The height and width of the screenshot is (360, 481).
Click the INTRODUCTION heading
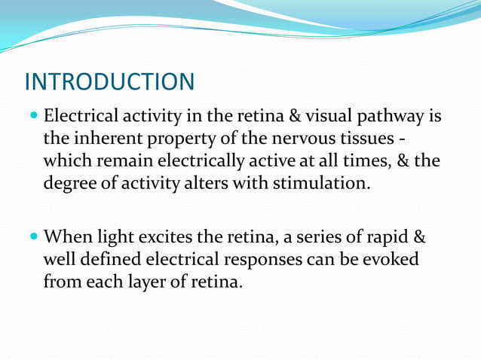point(109,81)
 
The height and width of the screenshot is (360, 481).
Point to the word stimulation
point(326,183)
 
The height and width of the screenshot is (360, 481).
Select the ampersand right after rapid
point(421,239)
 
